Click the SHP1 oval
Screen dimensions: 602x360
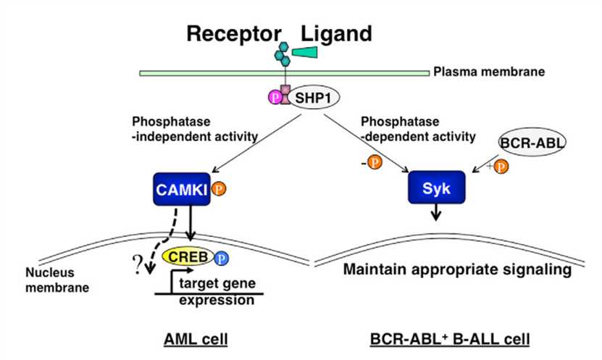[313, 98]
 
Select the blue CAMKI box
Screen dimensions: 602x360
[182, 189]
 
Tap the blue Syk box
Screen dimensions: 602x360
[437, 188]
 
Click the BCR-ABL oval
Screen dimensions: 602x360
[532, 143]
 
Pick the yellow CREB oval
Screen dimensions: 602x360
[188, 256]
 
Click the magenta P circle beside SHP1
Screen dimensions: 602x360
[275, 98]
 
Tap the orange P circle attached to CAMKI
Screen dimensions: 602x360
[219, 189]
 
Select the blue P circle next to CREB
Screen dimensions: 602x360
[221, 259]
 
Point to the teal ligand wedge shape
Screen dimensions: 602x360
[305, 52]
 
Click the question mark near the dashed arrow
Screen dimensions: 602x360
[137, 264]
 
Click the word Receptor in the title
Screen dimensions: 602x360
[234, 34]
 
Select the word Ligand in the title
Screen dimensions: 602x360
[336, 34]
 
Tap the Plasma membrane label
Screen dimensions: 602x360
[489, 72]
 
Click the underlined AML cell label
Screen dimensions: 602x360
[196, 339]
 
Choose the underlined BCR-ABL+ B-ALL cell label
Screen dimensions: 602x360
[450, 339]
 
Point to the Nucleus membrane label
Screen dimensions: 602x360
[57, 280]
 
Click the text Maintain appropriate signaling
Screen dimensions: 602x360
[457, 269]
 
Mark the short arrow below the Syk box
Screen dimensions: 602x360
[435, 212]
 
